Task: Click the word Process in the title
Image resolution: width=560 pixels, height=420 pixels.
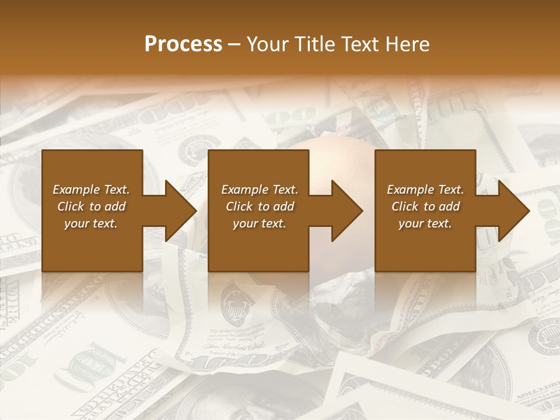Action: pos(183,44)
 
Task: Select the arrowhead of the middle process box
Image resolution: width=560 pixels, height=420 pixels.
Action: pos(346,211)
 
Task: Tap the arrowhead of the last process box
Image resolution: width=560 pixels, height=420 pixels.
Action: pos(513,211)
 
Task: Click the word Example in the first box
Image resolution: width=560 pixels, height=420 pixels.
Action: pos(76,190)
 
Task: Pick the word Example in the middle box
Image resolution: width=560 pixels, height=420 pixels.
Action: pos(244,190)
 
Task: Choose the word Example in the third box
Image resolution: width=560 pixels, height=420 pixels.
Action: pos(410,190)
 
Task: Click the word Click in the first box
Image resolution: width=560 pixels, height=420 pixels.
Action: pos(71,206)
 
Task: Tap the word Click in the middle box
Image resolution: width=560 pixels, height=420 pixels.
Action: pos(239,206)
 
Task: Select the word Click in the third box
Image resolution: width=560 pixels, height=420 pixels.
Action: pos(405,206)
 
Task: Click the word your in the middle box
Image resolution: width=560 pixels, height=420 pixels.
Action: pos(245,224)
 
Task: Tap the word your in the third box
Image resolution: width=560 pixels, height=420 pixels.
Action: pos(411,224)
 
